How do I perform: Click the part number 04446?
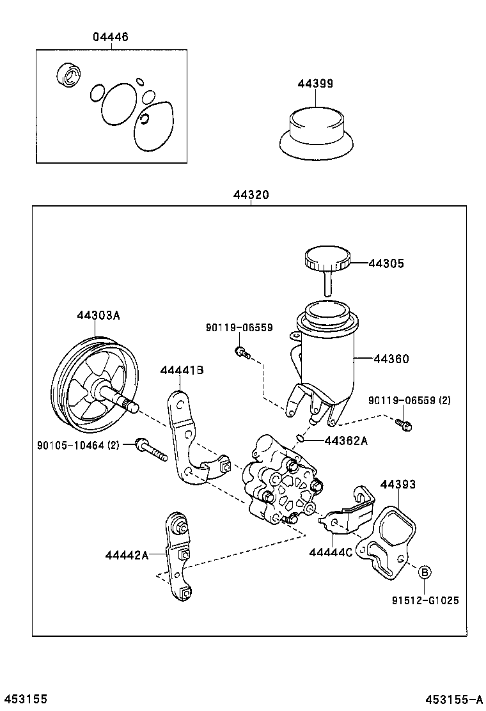point(110,37)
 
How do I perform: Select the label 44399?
point(315,84)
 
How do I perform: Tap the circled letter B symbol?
point(425,572)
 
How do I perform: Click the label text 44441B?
point(182,370)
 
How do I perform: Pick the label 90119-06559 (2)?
point(409,400)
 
